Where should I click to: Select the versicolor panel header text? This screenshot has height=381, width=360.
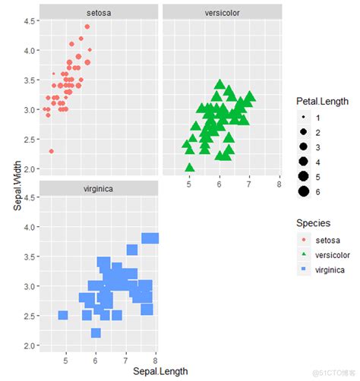(x=222, y=13)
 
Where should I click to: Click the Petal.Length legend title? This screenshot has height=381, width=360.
(x=323, y=102)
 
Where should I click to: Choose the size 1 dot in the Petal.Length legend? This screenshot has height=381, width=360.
(x=304, y=118)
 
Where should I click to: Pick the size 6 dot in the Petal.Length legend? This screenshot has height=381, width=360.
(x=304, y=191)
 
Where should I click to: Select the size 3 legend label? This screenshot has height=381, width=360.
(x=317, y=147)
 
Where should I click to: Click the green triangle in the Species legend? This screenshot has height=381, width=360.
(x=304, y=254)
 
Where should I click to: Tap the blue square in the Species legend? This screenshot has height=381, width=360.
(x=304, y=269)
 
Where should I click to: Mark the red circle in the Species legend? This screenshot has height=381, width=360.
(x=304, y=240)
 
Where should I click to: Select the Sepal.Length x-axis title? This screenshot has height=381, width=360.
(x=159, y=371)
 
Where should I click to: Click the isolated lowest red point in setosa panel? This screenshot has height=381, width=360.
(x=51, y=151)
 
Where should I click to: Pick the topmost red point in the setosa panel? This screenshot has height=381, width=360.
(x=87, y=27)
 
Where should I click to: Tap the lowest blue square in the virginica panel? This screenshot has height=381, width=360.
(x=96, y=332)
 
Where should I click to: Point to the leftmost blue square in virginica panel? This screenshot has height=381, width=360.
(x=63, y=315)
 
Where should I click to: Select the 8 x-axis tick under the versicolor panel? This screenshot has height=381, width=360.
(x=279, y=184)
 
